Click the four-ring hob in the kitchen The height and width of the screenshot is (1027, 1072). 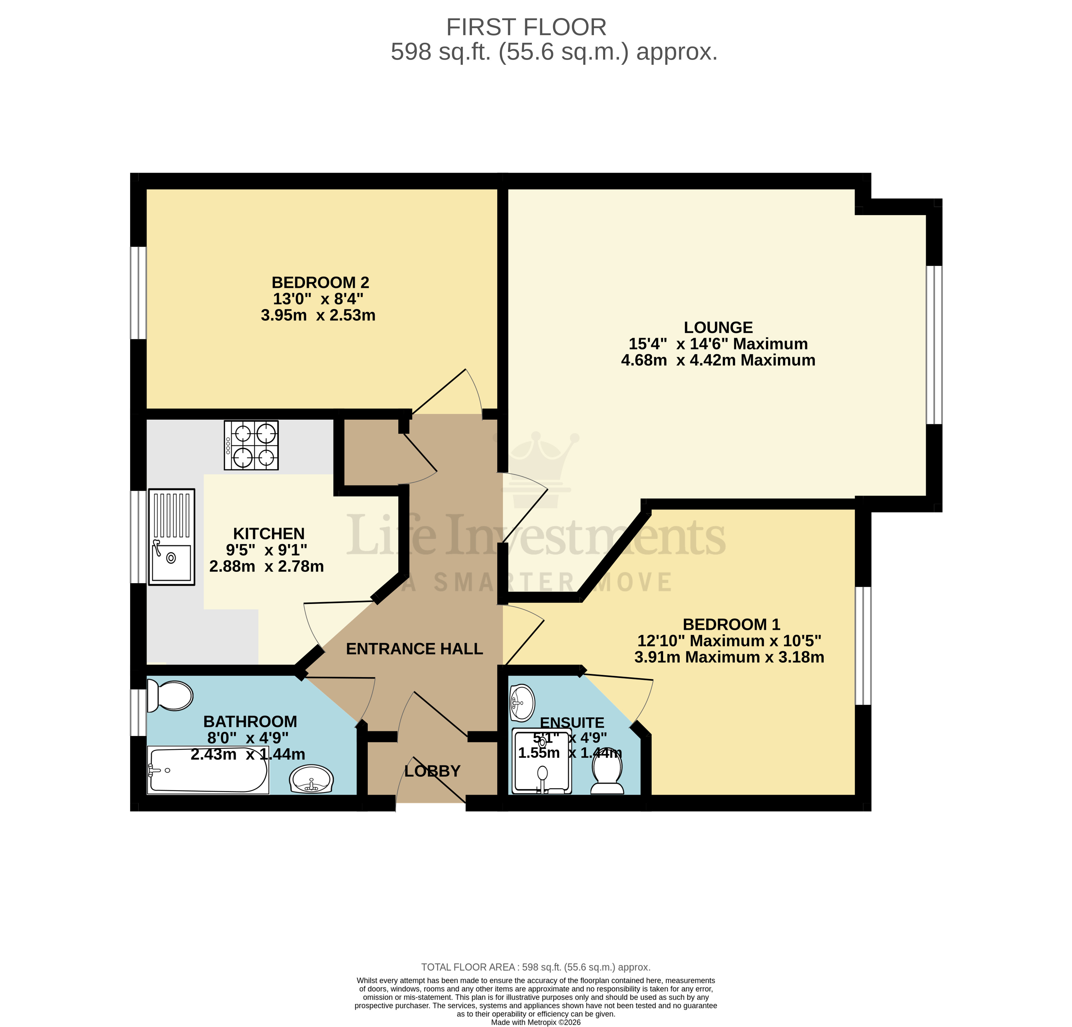pyautogui.click(x=251, y=445)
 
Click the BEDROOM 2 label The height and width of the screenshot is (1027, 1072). pyautogui.click(x=321, y=283)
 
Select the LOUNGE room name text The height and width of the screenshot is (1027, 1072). pyautogui.click(x=718, y=328)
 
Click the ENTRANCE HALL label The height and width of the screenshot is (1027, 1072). pyautogui.click(x=414, y=649)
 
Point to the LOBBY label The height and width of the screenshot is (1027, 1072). pyautogui.click(x=432, y=771)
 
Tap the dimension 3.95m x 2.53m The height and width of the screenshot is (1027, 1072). pyautogui.click(x=318, y=315)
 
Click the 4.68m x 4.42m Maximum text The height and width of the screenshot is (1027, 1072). pyautogui.click(x=718, y=360)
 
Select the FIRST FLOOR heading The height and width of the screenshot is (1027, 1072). pyautogui.click(x=526, y=27)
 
